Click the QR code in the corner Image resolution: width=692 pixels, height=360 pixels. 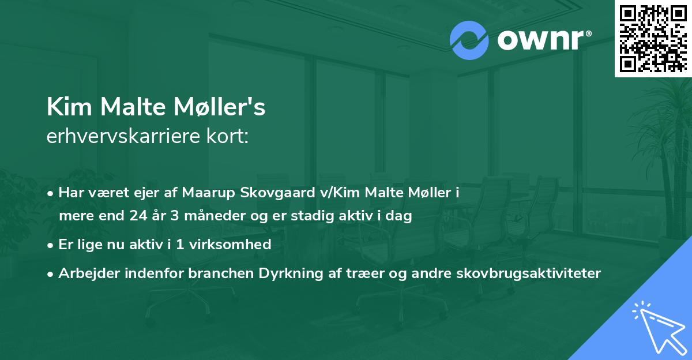(653, 39)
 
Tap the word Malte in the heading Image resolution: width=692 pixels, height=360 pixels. (134, 108)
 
